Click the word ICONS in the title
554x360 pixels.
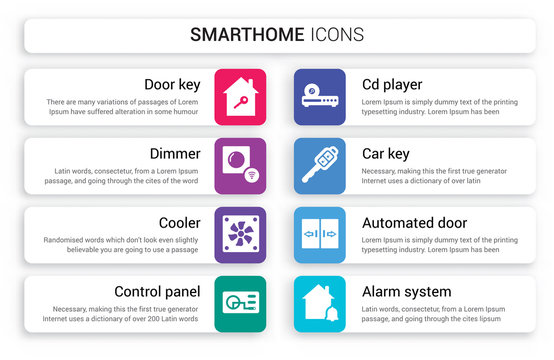tap(337, 35)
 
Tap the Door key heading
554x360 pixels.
tap(173, 84)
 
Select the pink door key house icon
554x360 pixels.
tap(240, 97)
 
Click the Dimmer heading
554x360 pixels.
tap(176, 154)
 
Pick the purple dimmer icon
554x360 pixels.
tap(240, 166)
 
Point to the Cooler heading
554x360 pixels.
tap(179, 223)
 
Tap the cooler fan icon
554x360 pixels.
tap(240, 235)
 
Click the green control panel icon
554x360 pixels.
tap(240, 304)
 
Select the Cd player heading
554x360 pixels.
tap(391, 84)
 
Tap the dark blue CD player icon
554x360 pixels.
tap(320, 97)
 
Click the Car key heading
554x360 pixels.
tap(387, 154)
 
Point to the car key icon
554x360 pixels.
tap(320, 166)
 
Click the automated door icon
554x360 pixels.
tap(320, 235)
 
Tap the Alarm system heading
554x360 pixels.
tap(405, 292)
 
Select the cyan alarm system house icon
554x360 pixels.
tap(320, 304)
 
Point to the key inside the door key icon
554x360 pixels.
tap(239, 100)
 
